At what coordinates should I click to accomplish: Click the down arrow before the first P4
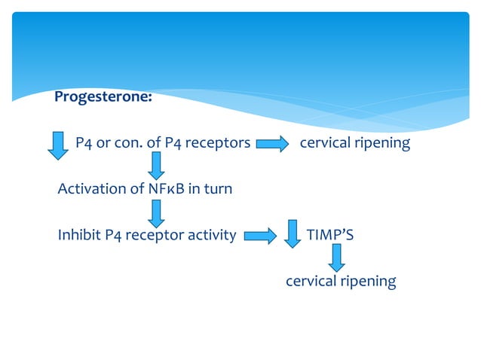point(58,145)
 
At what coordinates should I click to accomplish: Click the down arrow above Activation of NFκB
point(156,166)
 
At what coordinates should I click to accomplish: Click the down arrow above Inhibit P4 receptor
point(156,212)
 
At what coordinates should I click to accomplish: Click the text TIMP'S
point(330,235)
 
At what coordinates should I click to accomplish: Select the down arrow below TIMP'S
point(336,258)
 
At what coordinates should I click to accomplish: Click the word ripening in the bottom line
point(368,282)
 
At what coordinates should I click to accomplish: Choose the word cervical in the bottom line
point(311,281)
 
